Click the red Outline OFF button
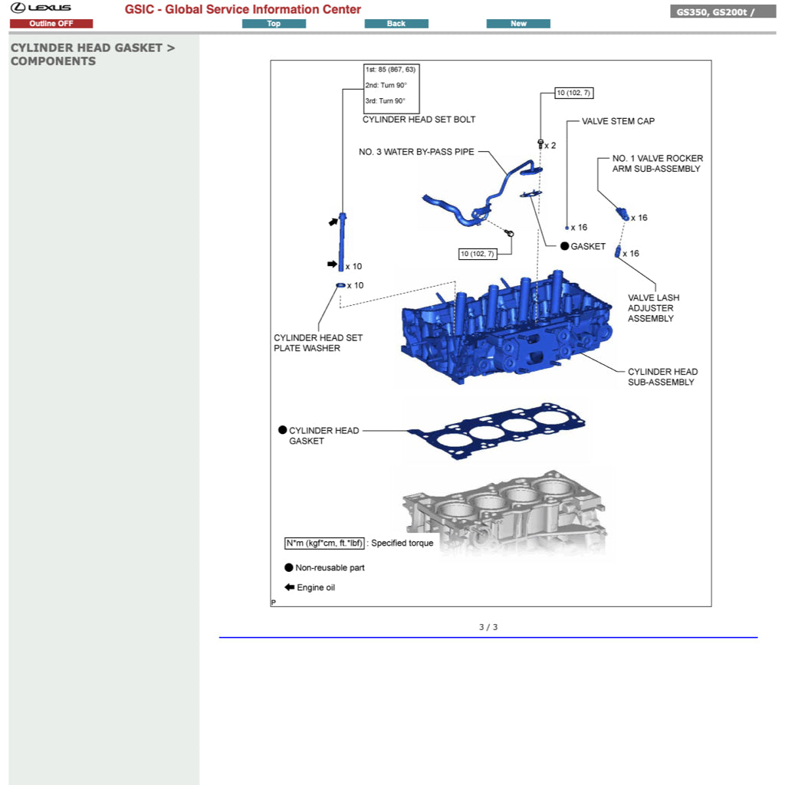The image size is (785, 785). pyautogui.click(x=51, y=24)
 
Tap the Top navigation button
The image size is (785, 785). pyautogui.click(x=274, y=24)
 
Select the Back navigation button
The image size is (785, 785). pyautogui.click(x=396, y=24)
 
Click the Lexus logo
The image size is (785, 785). pyautogui.click(x=41, y=8)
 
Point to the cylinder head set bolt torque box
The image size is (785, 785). pyautogui.click(x=391, y=89)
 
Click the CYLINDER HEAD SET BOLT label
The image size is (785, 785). pyautogui.click(x=419, y=120)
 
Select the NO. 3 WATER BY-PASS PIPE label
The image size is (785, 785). pyautogui.click(x=416, y=152)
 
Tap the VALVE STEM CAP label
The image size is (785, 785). pyautogui.click(x=619, y=121)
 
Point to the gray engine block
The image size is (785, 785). pyautogui.click(x=504, y=512)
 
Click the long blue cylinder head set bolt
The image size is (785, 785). pyautogui.click(x=342, y=241)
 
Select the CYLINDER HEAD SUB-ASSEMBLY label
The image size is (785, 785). pyautogui.click(x=662, y=377)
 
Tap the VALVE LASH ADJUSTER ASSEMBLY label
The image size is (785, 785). pyautogui.click(x=653, y=308)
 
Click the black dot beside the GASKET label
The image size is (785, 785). pyautogui.click(x=565, y=246)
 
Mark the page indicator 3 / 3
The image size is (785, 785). pyautogui.click(x=488, y=627)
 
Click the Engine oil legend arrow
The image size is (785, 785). pyautogui.click(x=289, y=587)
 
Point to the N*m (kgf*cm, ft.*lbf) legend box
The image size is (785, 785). pyautogui.click(x=324, y=544)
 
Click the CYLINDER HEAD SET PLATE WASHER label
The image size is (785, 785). pyautogui.click(x=318, y=343)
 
